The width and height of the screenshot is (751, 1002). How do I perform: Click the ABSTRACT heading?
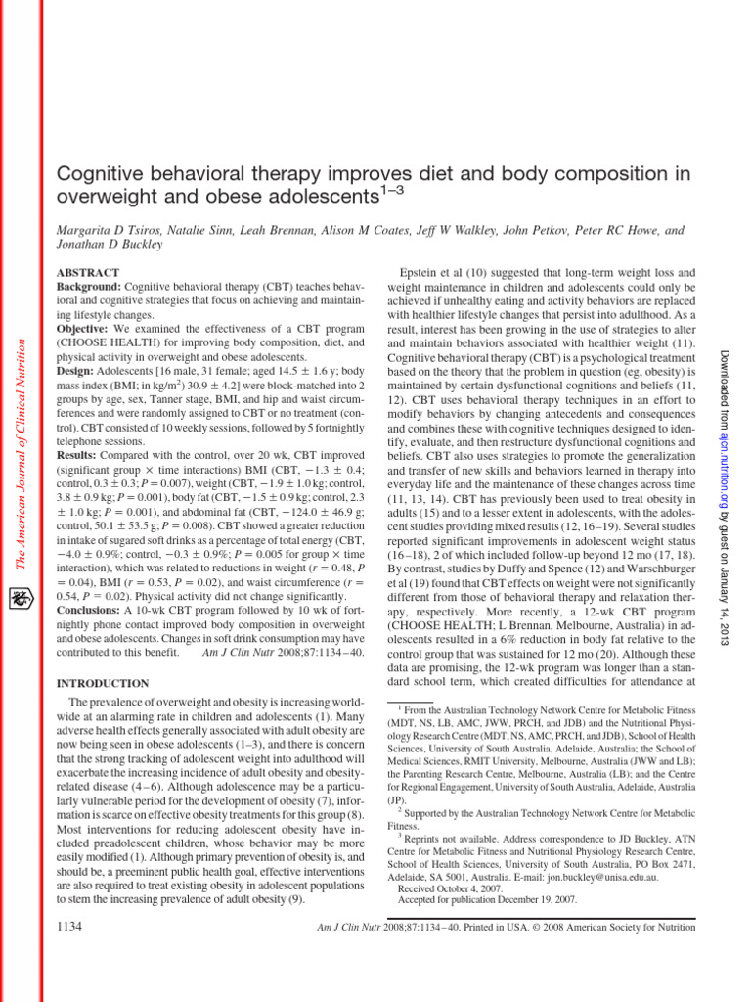(x=89, y=272)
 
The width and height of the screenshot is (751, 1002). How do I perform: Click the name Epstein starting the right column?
(x=421, y=272)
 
